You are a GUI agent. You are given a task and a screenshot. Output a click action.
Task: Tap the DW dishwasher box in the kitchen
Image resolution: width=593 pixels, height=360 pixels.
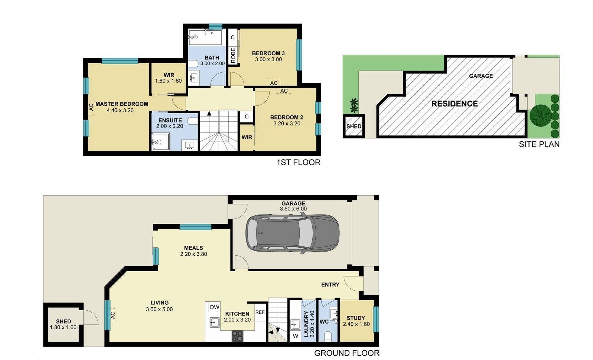click(215, 307)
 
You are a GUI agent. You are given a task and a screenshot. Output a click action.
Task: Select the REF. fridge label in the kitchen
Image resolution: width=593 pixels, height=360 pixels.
click(260, 312)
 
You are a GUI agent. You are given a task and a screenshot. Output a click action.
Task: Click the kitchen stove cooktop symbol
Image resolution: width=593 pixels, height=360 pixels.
click(237, 336)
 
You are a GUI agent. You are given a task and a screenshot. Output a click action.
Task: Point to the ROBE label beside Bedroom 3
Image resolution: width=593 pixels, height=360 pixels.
click(233, 55)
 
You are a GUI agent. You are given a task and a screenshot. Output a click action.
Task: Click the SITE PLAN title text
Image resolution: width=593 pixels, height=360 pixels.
click(539, 144)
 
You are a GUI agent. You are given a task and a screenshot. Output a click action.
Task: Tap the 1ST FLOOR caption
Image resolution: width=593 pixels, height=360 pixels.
click(298, 162)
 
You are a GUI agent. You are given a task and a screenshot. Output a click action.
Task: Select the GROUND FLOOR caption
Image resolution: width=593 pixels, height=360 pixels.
click(346, 353)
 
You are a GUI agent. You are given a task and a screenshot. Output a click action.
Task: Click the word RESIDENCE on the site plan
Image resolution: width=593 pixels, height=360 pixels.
click(454, 104)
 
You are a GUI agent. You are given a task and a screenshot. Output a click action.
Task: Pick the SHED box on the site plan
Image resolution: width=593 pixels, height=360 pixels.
click(353, 126)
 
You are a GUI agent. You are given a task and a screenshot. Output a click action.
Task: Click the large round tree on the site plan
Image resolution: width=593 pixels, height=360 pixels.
click(540, 115)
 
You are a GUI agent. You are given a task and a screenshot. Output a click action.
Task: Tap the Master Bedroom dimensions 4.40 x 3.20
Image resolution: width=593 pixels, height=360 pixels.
click(120, 110)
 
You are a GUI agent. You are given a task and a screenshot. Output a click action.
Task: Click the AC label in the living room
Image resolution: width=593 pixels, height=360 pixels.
click(113, 315)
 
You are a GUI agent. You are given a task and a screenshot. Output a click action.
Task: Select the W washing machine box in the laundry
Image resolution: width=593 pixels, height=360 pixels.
click(296, 336)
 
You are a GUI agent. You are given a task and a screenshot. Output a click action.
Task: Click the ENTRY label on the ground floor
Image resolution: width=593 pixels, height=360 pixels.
click(330, 285)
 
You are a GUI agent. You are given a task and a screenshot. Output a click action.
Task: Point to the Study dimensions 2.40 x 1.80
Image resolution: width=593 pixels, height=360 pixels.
click(356, 324)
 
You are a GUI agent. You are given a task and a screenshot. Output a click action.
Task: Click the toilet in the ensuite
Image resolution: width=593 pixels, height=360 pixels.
click(192, 121)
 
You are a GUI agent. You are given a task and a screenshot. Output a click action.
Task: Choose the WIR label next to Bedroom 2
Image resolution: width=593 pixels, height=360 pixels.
click(247, 137)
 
